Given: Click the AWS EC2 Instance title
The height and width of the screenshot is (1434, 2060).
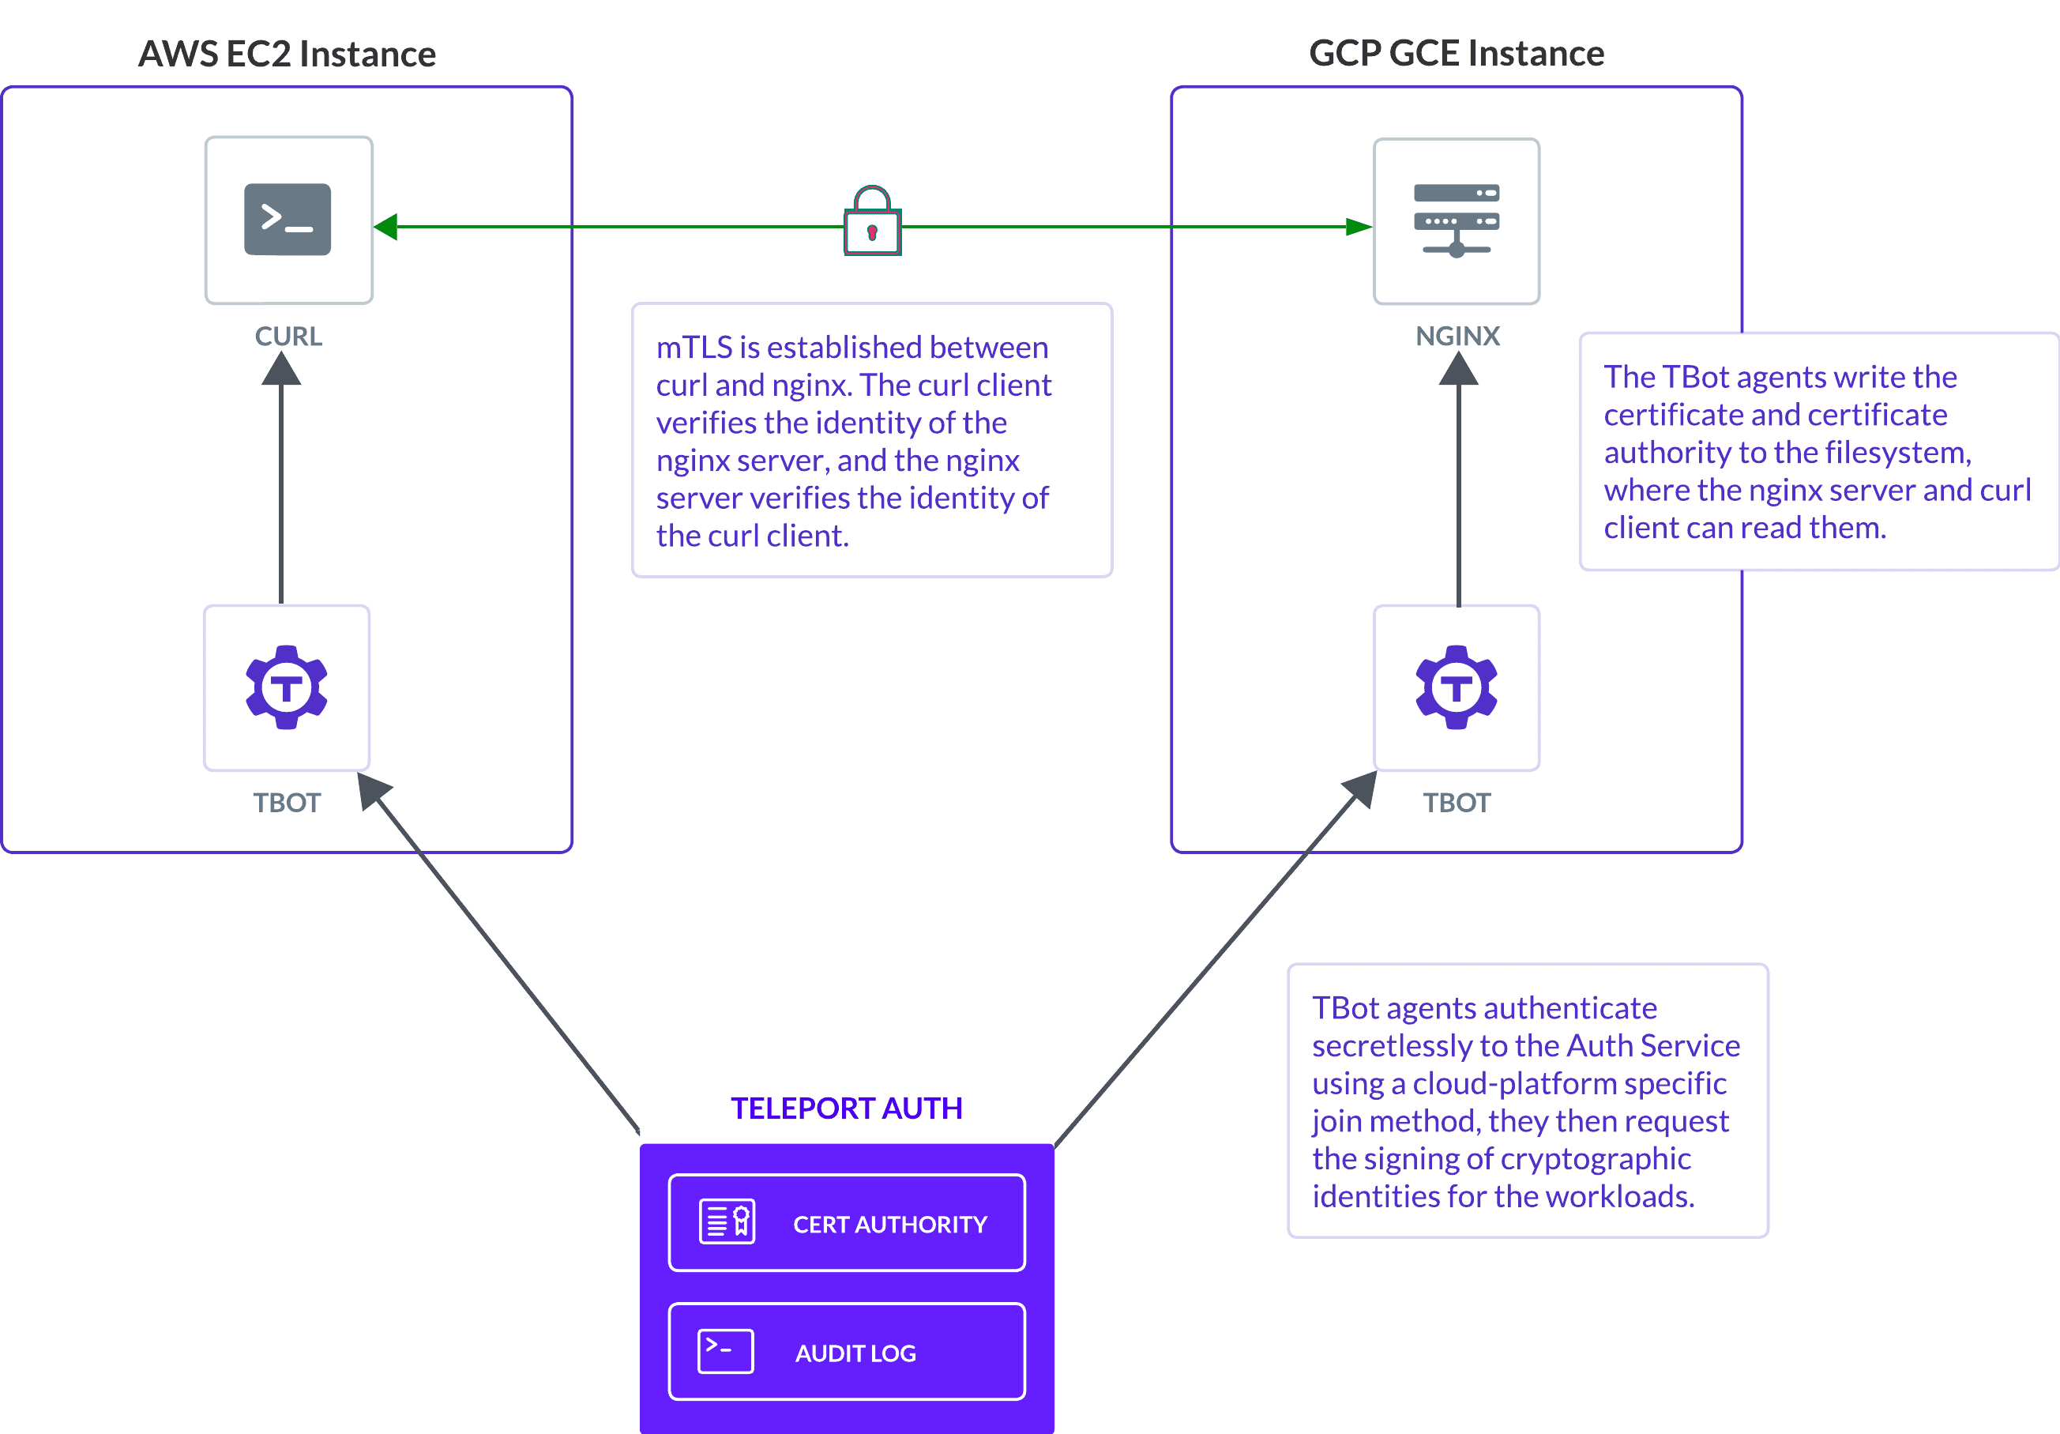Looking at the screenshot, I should (x=286, y=55).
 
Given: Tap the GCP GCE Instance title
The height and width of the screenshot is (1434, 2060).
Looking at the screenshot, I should (x=1457, y=54).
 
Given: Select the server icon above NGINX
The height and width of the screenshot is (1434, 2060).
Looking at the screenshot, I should (x=1457, y=220).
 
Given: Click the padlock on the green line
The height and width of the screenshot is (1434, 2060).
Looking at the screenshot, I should (x=871, y=224).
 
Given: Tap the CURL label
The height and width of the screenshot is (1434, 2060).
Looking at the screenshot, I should (x=288, y=337).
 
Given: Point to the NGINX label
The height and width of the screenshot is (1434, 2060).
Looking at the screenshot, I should (x=1457, y=337).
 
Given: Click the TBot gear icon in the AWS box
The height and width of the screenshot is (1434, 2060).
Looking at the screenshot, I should (x=286, y=687).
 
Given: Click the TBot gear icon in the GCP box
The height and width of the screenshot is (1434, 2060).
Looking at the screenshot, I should (x=1457, y=687).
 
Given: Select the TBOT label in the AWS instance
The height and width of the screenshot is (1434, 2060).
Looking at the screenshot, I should (x=286, y=802).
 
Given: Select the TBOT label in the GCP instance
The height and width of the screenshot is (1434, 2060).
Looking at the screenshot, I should (x=1457, y=802).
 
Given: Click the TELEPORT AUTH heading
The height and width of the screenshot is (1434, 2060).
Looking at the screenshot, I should (x=846, y=1108).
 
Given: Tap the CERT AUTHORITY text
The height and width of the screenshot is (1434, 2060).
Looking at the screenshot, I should (x=889, y=1224).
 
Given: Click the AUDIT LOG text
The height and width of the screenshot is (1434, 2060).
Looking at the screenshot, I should (x=855, y=1353).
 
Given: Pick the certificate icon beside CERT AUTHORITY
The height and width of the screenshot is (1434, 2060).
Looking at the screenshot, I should (x=727, y=1221).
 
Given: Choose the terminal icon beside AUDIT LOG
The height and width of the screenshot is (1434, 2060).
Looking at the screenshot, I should (x=725, y=1350).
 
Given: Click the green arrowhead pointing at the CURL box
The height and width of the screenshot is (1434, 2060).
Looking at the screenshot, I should (x=385, y=227).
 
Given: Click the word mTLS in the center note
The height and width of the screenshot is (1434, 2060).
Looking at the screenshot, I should (x=694, y=348).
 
